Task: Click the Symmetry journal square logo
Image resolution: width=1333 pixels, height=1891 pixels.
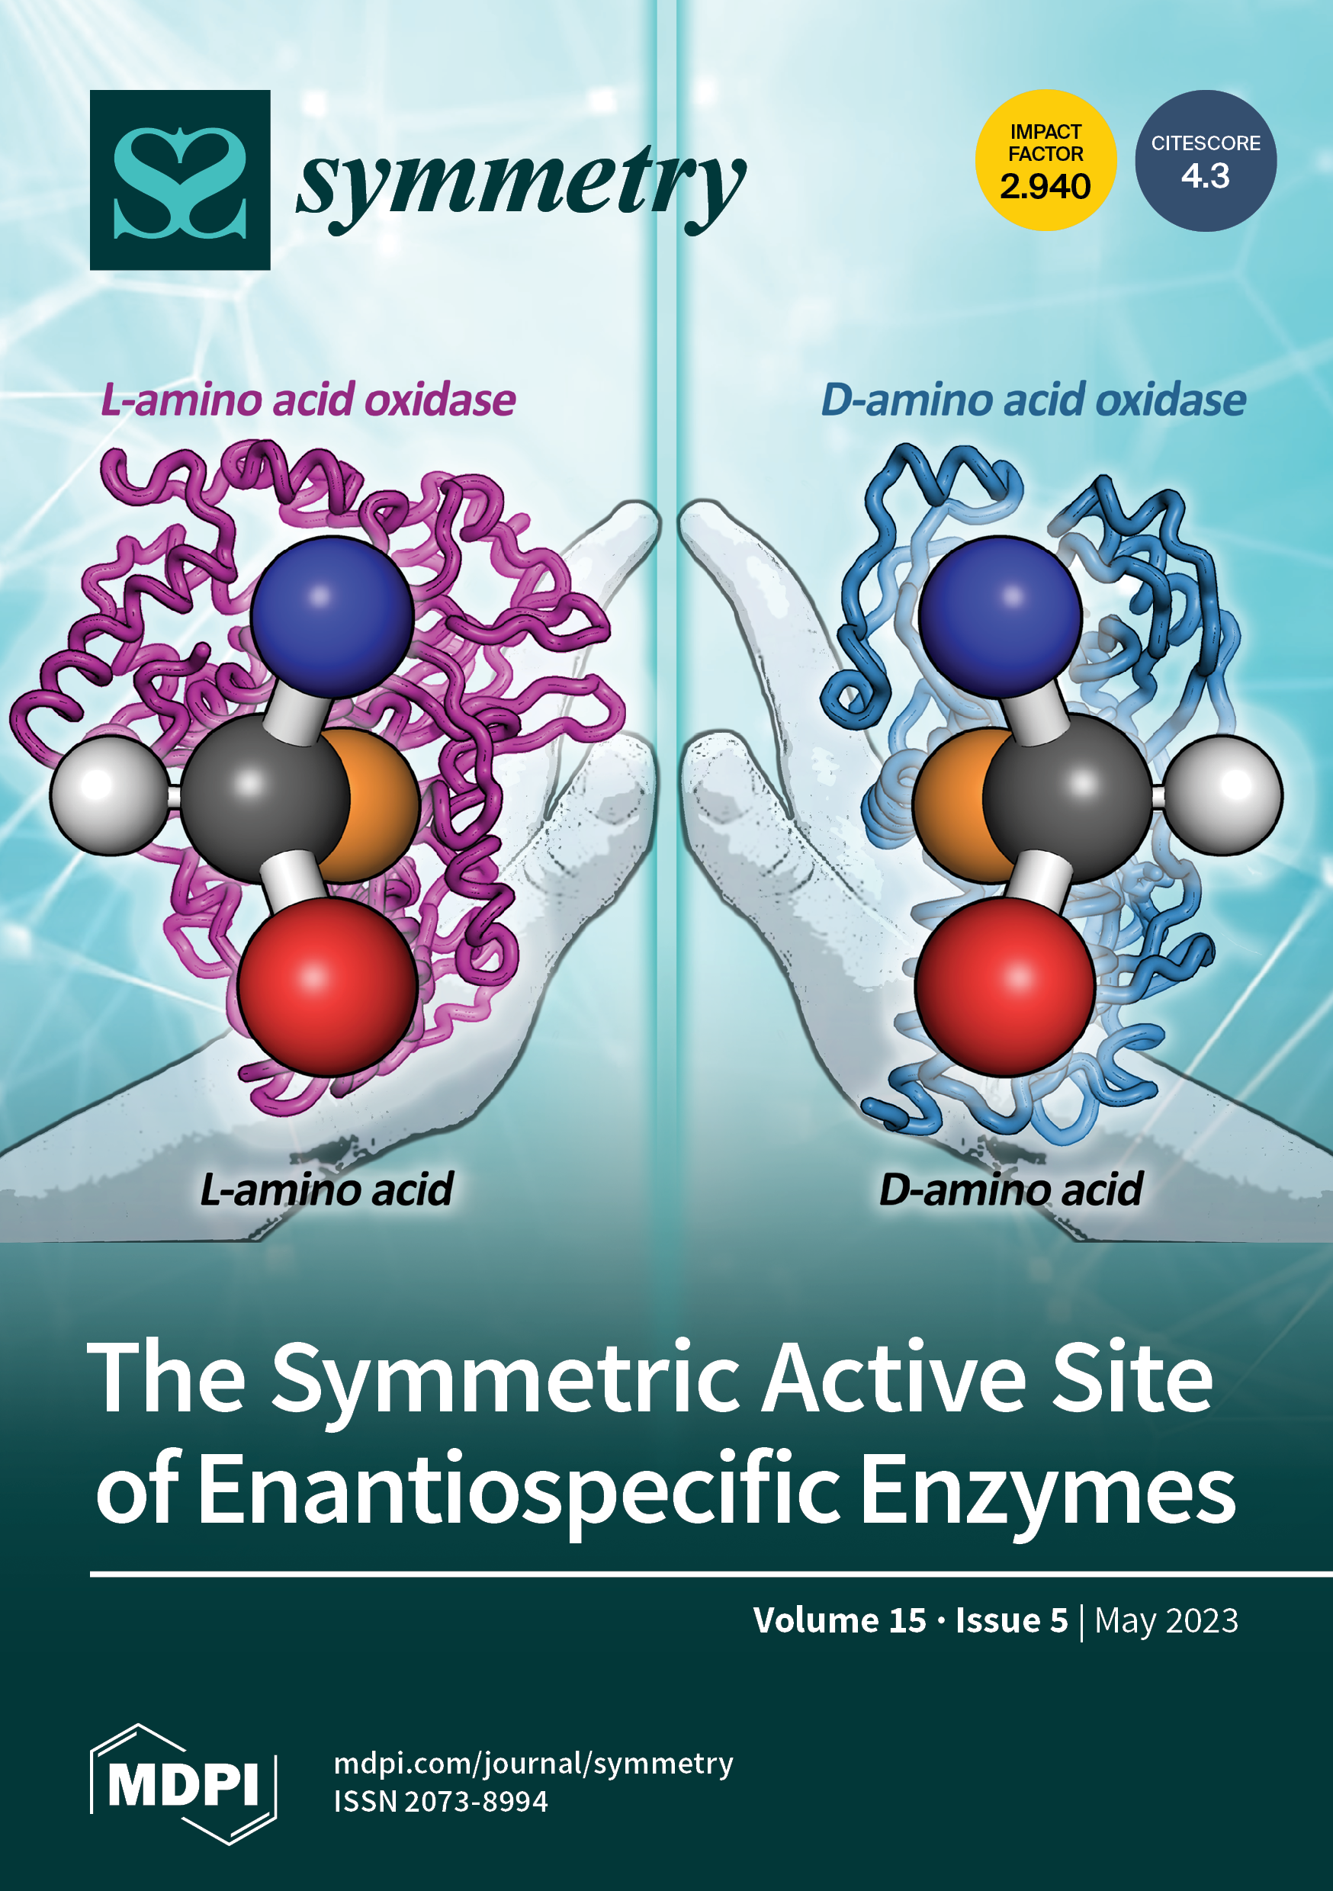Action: pyautogui.click(x=180, y=179)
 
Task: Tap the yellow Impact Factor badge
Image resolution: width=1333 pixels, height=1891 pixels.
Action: pyautogui.click(x=1045, y=161)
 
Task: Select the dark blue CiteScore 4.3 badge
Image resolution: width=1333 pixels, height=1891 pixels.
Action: pyautogui.click(x=1206, y=161)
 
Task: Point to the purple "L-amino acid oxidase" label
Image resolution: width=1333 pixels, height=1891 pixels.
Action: pyautogui.click(x=308, y=401)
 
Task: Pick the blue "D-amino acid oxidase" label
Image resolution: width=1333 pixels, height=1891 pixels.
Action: pyautogui.click(x=1033, y=401)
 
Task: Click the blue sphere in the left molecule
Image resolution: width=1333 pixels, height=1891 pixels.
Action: pyautogui.click(x=331, y=616)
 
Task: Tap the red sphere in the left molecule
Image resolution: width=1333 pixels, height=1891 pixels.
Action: pyautogui.click(x=327, y=986)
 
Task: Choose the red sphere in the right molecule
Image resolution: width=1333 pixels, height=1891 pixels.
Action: pyautogui.click(x=1004, y=986)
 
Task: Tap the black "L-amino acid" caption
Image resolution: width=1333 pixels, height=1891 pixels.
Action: pyautogui.click(x=326, y=1189)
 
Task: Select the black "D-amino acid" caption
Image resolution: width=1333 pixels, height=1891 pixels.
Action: pyautogui.click(x=1010, y=1189)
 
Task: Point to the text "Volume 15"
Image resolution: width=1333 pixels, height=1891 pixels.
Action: pyautogui.click(x=839, y=1620)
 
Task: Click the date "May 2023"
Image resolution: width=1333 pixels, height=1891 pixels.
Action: pyautogui.click(x=1166, y=1620)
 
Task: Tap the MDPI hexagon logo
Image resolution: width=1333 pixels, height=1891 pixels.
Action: pyautogui.click(x=183, y=1783)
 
